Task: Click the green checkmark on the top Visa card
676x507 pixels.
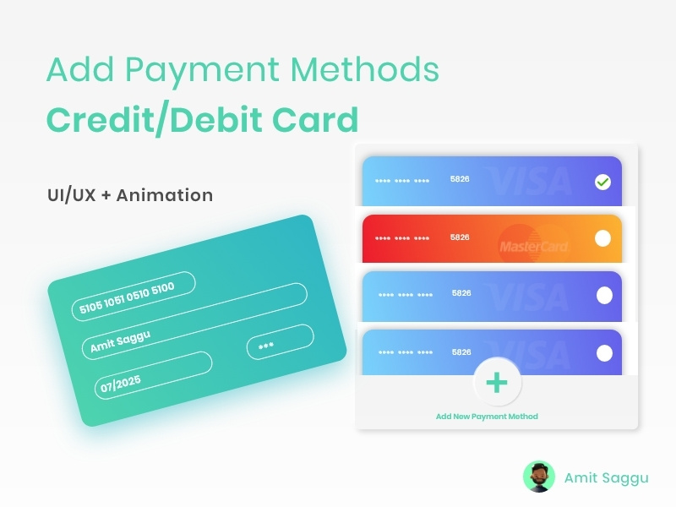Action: pos(602,182)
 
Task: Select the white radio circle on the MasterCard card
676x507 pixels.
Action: pos(602,238)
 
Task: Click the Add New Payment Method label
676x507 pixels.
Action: pos(487,417)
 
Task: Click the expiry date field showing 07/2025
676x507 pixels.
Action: pos(152,375)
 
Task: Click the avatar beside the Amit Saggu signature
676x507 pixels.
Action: pos(538,477)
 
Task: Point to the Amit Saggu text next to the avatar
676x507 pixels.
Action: pos(606,477)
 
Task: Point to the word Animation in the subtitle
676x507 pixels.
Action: pos(165,195)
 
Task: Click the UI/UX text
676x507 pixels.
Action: pos(71,195)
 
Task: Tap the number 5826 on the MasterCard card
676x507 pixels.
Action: pos(460,237)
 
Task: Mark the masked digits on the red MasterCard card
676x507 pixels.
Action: pos(402,238)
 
